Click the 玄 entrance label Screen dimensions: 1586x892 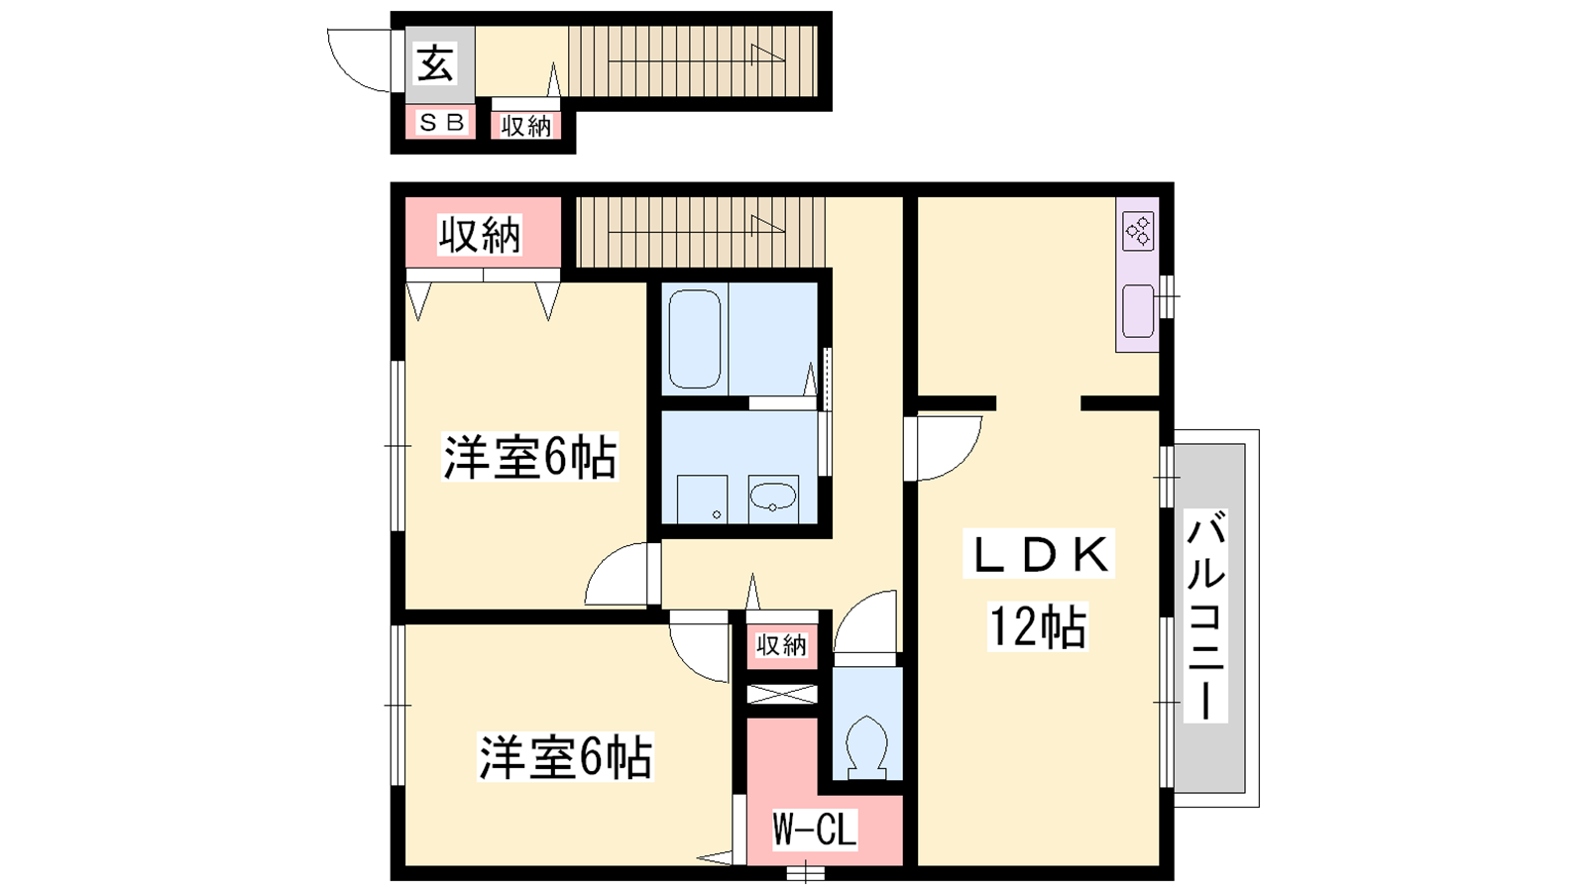[435, 63]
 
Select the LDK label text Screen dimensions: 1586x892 [1039, 554]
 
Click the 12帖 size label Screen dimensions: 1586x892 [1037, 626]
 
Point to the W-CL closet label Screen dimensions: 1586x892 [815, 829]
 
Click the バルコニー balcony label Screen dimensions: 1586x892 [1205, 615]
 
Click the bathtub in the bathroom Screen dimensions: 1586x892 [695, 339]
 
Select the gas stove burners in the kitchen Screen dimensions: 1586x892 [1139, 232]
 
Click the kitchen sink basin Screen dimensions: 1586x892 [1138, 311]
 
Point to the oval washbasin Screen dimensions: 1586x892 [773, 497]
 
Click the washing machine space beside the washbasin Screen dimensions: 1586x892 [702, 500]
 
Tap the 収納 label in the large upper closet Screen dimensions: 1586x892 [480, 235]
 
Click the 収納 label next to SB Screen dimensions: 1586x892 [526, 126]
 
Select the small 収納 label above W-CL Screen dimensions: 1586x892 [782, 645]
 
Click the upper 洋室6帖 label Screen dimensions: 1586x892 [529, 457]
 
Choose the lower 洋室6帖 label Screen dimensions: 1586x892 [565, 757]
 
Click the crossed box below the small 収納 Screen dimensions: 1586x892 [782, 695]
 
